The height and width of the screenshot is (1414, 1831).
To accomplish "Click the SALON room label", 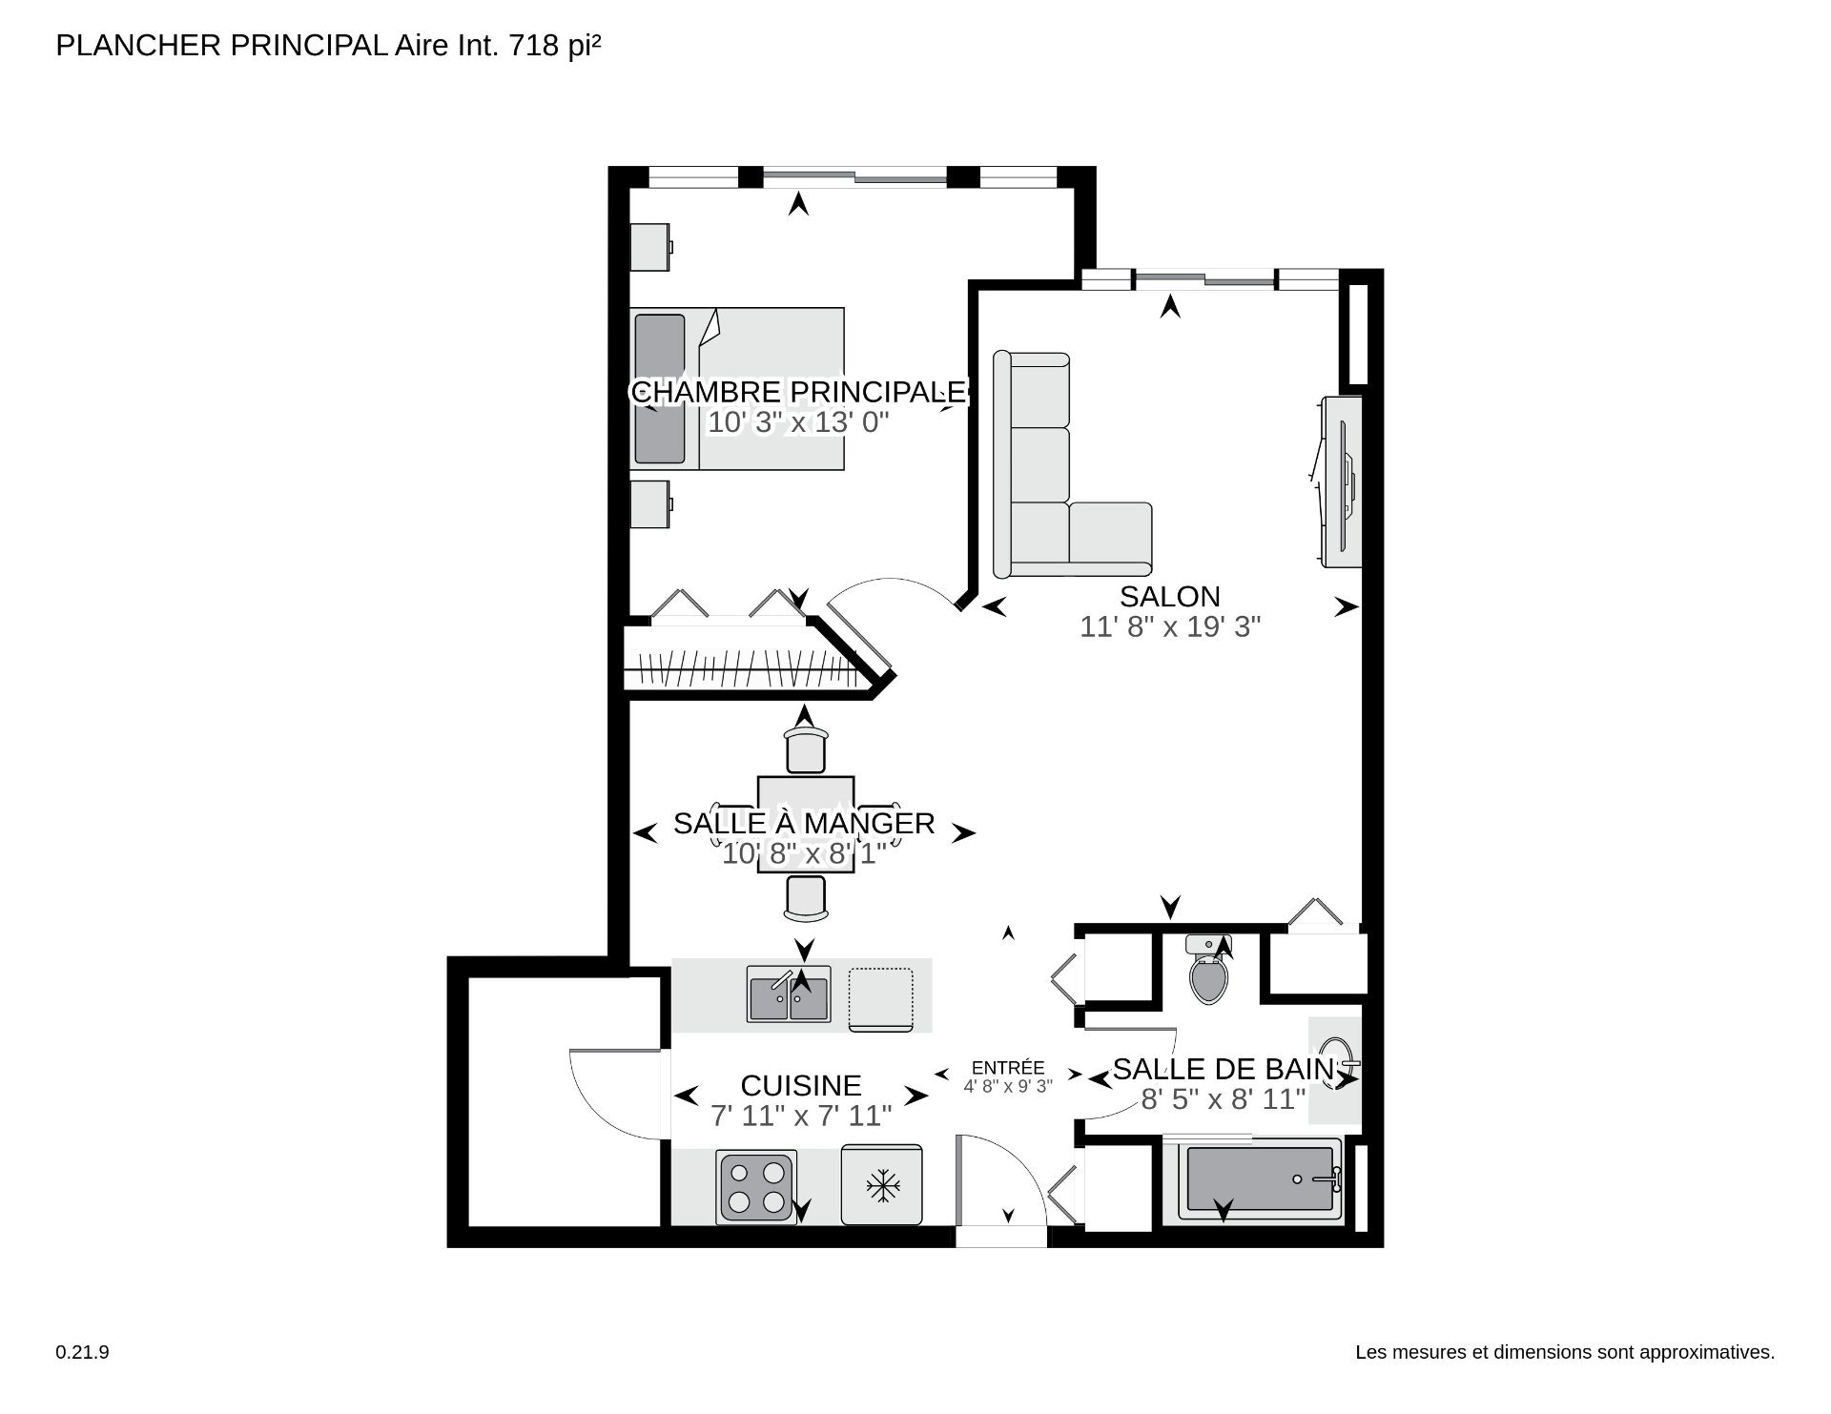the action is pos(1169,597).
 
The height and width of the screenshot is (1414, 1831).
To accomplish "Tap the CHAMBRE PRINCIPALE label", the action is pos(799,392).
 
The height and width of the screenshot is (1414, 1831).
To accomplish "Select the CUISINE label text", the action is pos(801,1085).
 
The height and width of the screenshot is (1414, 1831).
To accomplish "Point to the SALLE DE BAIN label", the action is pos(1224,1069).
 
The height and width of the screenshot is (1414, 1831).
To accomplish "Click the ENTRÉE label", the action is pos(1008,1068).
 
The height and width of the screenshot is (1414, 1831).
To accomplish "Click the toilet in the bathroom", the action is pos(1208,970).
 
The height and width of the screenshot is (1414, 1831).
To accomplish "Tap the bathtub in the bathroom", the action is pos(1260,1178).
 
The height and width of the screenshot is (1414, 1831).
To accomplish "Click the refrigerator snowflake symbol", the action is pos(883,1187).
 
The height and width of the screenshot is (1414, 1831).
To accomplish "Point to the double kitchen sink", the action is pos(789,994).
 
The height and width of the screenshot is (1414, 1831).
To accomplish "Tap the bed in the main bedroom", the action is pos(737,389).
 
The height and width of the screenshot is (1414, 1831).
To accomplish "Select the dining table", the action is pos(805,825).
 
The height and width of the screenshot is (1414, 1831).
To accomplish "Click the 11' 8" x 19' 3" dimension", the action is pos(1170,627).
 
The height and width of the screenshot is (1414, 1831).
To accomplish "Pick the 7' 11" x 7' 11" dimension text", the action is pos(801,1116).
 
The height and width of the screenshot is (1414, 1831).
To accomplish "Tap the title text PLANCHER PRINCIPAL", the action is pos(221,46).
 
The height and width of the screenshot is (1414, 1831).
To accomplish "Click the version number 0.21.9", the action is pos(83,1353).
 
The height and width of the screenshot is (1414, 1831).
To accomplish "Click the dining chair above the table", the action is pos(805,750).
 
